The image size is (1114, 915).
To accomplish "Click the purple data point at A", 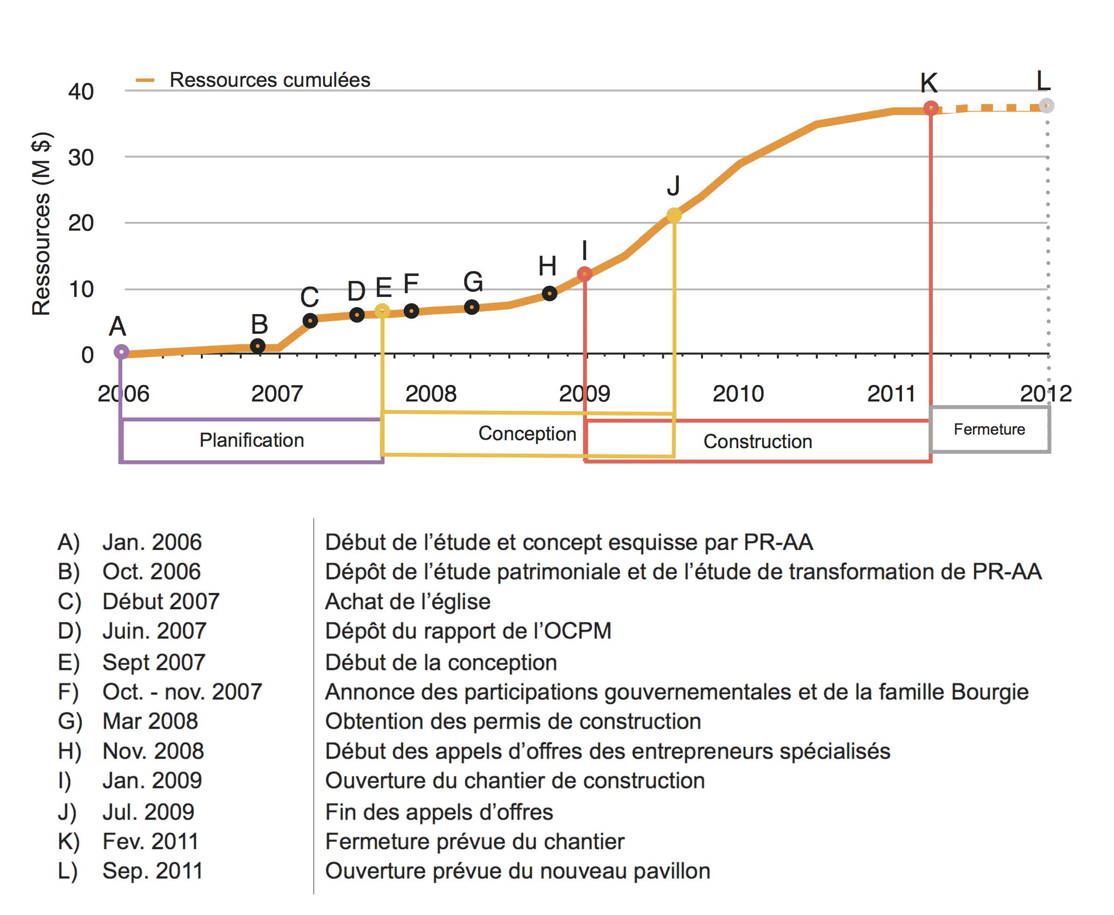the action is (x=121, y=352).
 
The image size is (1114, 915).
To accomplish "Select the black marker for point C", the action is (x=310, y=320).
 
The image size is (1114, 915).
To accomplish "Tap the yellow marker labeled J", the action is (x=674, y=215).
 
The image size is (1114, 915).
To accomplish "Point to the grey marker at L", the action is (x=1047, y=106).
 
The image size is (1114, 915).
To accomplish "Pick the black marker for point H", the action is (x=549, y=293).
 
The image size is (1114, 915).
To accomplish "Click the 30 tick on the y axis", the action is (x=81, y=158).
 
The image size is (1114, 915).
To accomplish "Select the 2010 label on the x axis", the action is (x=738, y=394).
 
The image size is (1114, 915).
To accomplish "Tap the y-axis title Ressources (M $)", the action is (x=41, y=224).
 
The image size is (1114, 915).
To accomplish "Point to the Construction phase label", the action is (x=758, y=442).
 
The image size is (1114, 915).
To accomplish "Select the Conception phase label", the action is (x=527, y=434).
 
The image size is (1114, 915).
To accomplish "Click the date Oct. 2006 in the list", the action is (x=152, y=571).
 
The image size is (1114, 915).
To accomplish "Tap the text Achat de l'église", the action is (x=408, y=601).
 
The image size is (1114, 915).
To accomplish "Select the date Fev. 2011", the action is (x=150, y=841).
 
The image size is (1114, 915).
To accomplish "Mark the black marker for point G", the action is (x=472, y=307).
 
